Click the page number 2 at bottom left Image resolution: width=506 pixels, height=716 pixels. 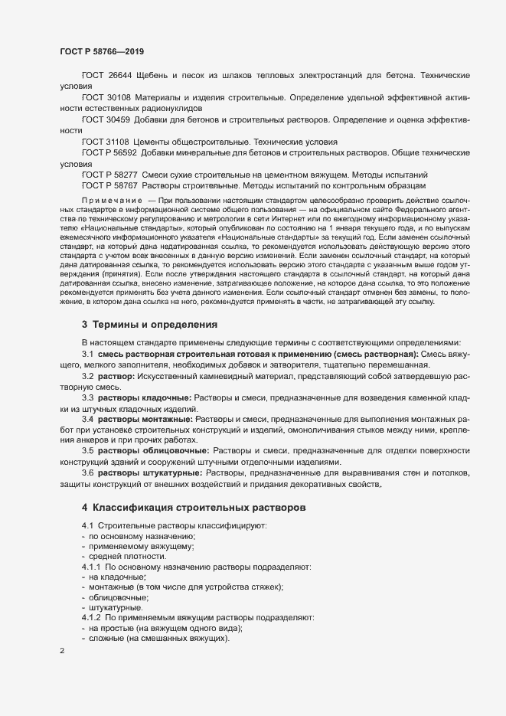click(62, 652)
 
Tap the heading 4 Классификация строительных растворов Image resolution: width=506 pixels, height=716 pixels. click(194, 508)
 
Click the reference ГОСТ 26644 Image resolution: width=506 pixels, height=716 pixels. click(105, 77)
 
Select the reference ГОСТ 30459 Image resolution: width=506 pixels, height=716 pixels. click(105, 120)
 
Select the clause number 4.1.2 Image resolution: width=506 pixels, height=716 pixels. click(91, 617)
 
